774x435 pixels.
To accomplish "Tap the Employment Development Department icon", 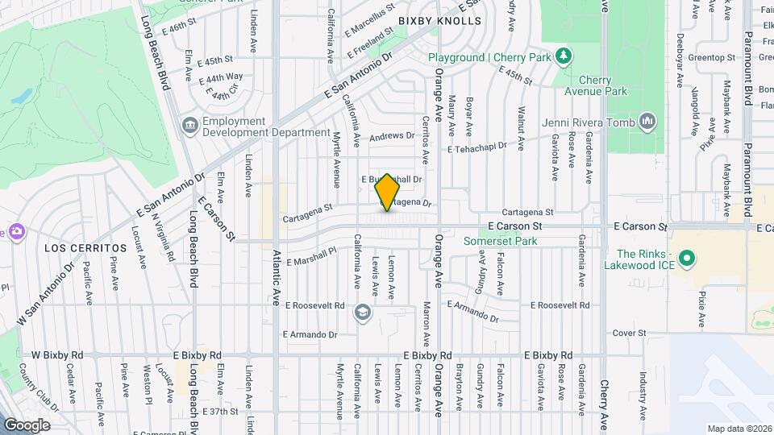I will [x=190, y=126].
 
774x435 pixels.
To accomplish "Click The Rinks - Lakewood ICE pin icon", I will [x=686, y=259].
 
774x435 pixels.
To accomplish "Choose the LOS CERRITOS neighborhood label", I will [x=76, y=246].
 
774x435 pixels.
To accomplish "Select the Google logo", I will [x=27, y=425].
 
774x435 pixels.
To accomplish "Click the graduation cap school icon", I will [x=364, y=311].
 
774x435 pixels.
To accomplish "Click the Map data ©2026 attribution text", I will [x=739, y=428].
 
